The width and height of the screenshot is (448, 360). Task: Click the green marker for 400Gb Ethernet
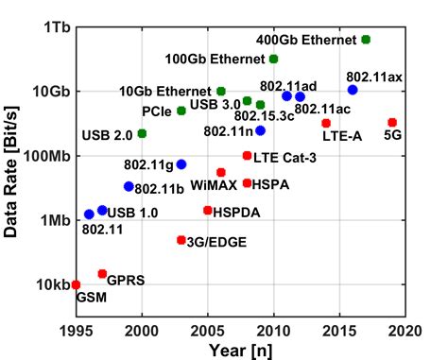pyautogui.click(x=366, y=40)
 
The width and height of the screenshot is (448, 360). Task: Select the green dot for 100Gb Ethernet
pyautogui.click(x=274, y=59)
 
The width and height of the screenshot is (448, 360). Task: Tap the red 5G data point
pyautogui.click(x=392, y=123)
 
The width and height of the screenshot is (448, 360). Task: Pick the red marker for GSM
pyautogui.click(x=76, y=284)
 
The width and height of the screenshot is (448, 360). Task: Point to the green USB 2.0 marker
pyautogui.click(x=142, y=133)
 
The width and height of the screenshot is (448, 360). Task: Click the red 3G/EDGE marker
pyautogui.click(x=181, y=240)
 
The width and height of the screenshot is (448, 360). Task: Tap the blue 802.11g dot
pyautogui.click(x=181, y=164)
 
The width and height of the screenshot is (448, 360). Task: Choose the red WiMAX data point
pyautogui.click(x=221, y=173)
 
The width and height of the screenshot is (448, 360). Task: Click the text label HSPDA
pyautogui.click(x=231, y=211)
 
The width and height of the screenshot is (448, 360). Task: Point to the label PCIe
pyautogui.click(x=156, y=111)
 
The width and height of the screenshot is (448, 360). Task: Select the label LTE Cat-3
pyautogui.click(x=288, y=156)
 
